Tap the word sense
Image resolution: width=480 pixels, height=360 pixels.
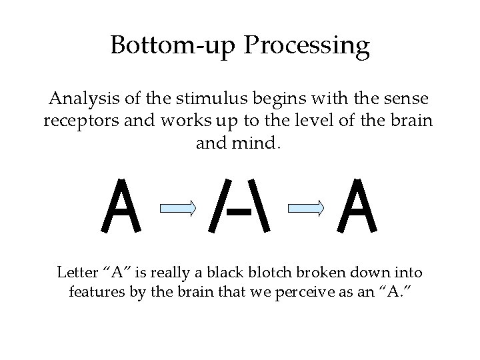click(406, 101)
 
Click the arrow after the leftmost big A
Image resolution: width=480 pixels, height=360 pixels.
click(177, 209)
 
